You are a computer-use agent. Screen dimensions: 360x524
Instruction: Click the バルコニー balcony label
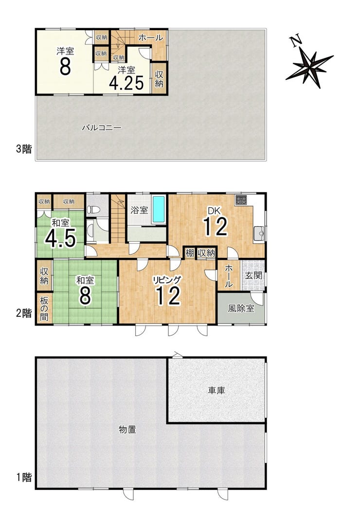coord(101,127)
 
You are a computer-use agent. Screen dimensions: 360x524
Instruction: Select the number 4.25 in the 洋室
coord(126,83)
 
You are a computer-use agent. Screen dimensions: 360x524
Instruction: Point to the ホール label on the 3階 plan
coord(150,37)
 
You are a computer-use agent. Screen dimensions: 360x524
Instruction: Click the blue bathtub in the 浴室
coord(159,209)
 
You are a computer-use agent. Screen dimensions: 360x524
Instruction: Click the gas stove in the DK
coord(241,200)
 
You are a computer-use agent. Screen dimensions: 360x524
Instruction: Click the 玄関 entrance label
coord(253,276)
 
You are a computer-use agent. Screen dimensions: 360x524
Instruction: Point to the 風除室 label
coord(241,308)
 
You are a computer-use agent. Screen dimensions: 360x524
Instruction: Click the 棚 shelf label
coord(190,253)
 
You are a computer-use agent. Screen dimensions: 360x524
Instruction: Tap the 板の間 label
coord(44,308)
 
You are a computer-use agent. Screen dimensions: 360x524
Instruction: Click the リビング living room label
coord(167,280)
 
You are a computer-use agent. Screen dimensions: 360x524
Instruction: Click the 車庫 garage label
coord(216,390)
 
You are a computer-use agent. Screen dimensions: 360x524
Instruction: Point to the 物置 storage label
coord(127,430)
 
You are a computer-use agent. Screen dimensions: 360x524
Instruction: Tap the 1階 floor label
coord(24,477)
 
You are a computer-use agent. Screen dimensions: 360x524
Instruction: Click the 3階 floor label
coord(24,148)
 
